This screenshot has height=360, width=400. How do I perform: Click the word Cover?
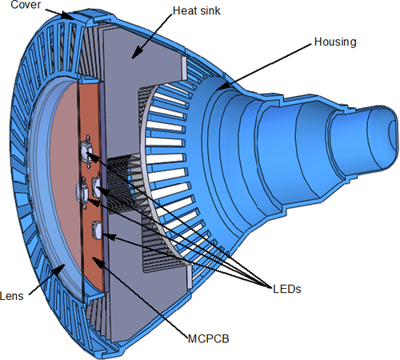[x=26, y=5]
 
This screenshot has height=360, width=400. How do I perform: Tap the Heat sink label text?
[x=197, y=10]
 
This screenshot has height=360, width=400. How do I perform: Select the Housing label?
[x=335, y=42]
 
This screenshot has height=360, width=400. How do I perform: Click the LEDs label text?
[x=287, y=289]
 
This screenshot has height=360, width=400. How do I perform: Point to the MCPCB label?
[x=209, y=338]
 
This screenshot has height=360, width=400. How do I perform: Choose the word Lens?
[x=12, y=296]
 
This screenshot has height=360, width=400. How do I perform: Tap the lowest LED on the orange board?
[x=97, y=230]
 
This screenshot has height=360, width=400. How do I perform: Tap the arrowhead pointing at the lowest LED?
[x=110, y=237]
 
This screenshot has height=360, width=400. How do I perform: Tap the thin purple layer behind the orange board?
[x=104, y=186]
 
